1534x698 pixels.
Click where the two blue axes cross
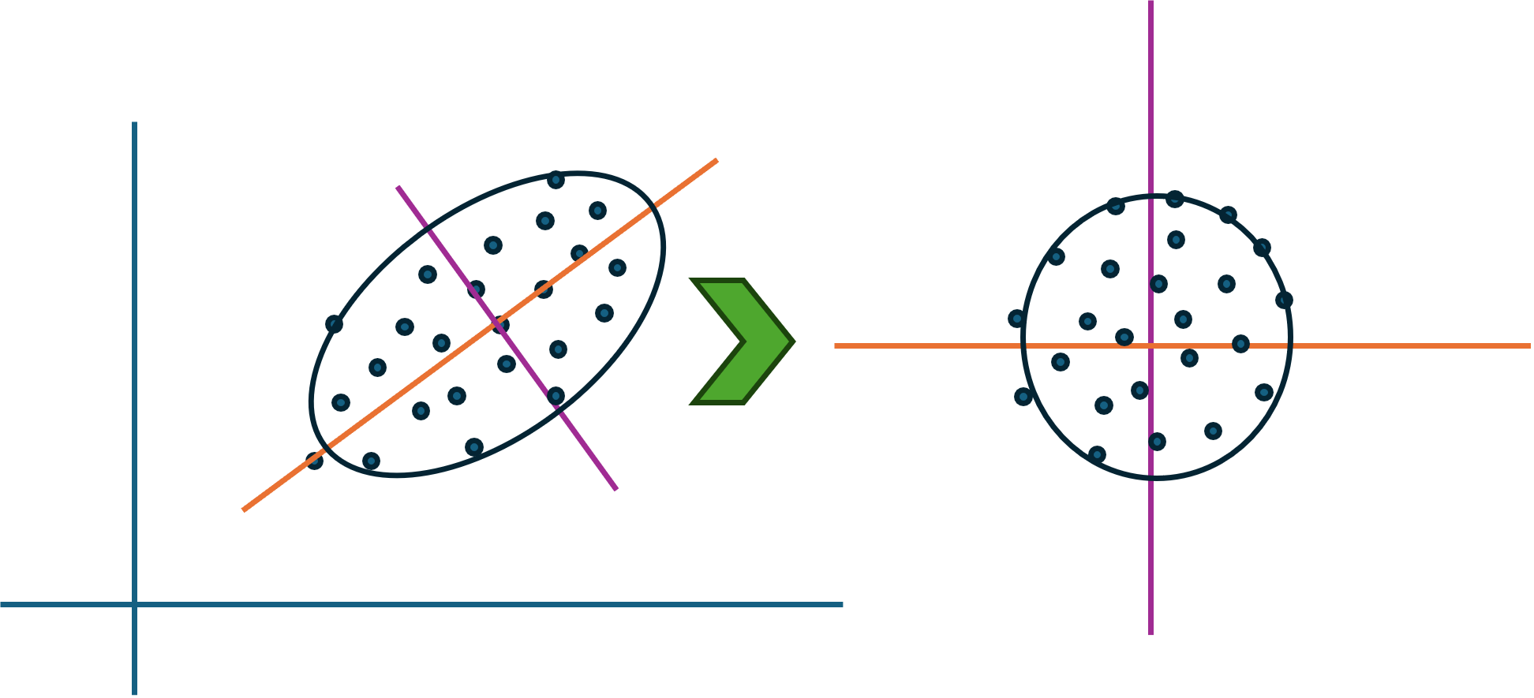coord(135,604)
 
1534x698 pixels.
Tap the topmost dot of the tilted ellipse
coord(556,181)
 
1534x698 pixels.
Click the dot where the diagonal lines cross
coord(501,325)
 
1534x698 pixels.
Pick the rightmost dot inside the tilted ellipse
coord(617,268)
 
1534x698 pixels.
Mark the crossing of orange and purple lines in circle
coord(1150,345)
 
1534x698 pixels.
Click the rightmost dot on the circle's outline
coord(1284,300)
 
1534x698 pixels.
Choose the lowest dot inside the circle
coord(1097,454)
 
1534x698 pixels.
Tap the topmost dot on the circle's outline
coord(1175,199)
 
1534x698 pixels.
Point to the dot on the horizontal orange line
coord(1240,344)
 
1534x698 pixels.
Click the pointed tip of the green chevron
coord(792,342)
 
